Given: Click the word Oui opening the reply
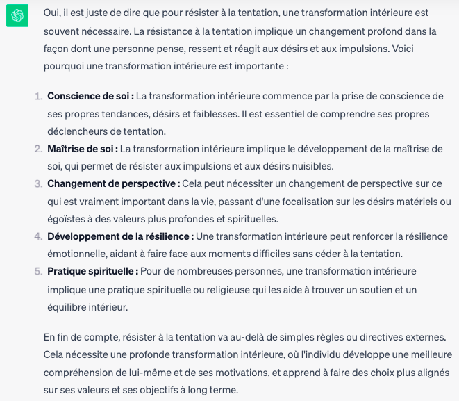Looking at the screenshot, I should tap(52, 13).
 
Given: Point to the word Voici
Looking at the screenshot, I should tap(410, 50).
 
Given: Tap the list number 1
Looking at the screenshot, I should tap(37, 95).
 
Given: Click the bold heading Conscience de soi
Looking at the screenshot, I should tap(90, 95).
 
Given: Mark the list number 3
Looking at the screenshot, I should tap(37, 183).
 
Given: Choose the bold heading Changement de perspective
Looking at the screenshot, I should tap(113, 183).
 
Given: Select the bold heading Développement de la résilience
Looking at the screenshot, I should tap(120, 236).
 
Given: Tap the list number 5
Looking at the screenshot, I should tap(37, 271).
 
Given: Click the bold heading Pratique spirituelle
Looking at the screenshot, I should tap(92, 271).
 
